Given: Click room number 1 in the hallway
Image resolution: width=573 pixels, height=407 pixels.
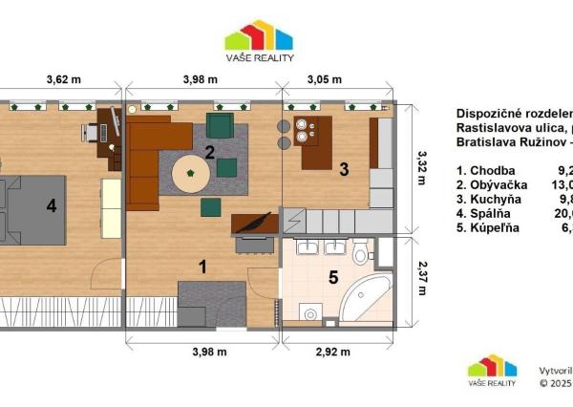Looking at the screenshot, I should pyautogui.click(x=202, y=267).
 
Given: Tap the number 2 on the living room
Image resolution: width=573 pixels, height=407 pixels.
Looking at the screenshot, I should pyautogui.click(x=209, y=150).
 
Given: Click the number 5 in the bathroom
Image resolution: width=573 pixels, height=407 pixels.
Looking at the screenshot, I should pyautogui.click(x=332, y=279).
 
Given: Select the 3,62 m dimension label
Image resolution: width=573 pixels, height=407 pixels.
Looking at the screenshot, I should pyautogui.click(x=62, y=81).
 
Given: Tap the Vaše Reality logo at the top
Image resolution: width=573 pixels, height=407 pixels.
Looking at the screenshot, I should pyautogui.click(x=259, y=41).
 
